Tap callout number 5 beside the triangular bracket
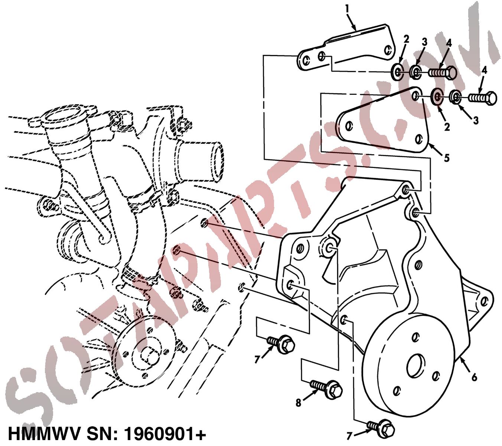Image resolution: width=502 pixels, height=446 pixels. [447, 158]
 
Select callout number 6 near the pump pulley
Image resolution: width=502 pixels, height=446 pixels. [474, 377]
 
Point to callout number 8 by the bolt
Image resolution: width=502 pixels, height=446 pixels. [298, 403]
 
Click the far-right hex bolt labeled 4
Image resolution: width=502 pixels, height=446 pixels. [482, 98]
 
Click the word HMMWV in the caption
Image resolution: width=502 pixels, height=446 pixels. [44, 434]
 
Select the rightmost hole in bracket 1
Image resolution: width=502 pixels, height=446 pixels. [388, 50]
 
